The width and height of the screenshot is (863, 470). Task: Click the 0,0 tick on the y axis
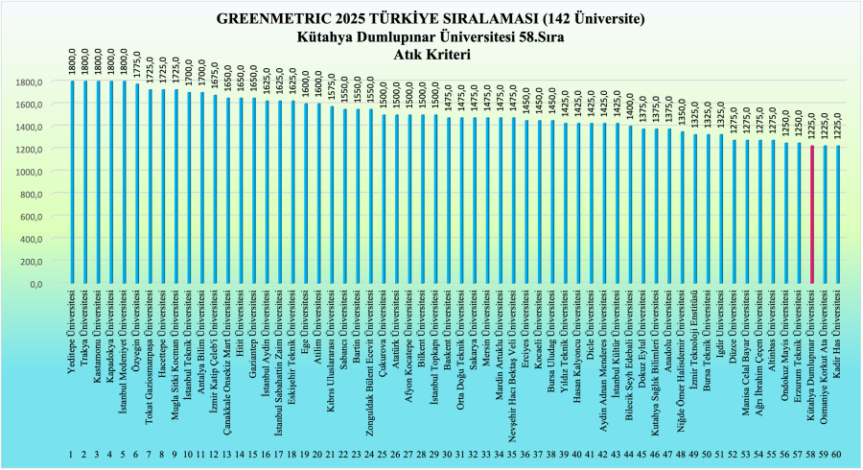[35, 285]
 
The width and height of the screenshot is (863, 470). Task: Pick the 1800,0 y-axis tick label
[29, 82]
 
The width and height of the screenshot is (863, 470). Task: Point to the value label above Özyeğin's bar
[137, 66]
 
